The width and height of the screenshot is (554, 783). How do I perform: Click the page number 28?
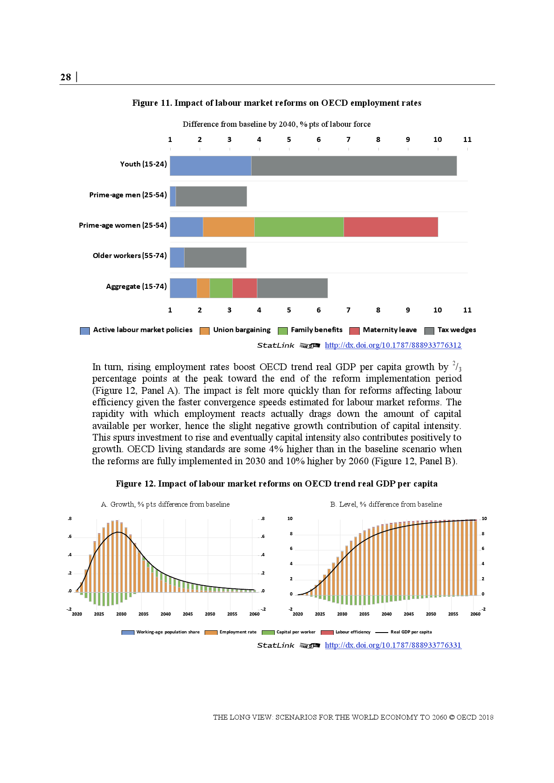66,77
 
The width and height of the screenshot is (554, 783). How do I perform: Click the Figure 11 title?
277,103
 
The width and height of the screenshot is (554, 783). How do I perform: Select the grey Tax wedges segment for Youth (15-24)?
354,166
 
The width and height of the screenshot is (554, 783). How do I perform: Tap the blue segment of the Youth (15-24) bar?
210,166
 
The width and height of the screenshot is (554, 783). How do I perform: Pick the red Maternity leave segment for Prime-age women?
390,227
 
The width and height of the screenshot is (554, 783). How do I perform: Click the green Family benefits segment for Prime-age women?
299,227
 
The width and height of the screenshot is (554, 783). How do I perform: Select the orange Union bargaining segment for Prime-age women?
228,227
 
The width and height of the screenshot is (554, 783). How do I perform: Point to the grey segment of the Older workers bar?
215,258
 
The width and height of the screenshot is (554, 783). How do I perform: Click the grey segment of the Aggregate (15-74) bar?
292,288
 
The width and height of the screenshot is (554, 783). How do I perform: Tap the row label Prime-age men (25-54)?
128,195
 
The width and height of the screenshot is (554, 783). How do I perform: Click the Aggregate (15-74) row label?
136,287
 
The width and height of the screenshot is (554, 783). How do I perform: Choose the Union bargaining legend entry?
241,330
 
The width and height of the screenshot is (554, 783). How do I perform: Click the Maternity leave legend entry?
389,330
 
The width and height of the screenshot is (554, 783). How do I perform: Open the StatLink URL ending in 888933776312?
393,345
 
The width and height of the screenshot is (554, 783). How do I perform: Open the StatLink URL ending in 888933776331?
393,645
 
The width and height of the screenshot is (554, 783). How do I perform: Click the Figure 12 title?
277,484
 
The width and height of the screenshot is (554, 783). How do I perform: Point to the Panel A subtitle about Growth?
165,504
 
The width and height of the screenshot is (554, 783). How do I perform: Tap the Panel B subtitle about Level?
386,504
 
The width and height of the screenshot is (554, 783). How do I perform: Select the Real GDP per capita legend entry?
411,632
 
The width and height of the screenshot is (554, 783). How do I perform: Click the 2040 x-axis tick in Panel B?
386,614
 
